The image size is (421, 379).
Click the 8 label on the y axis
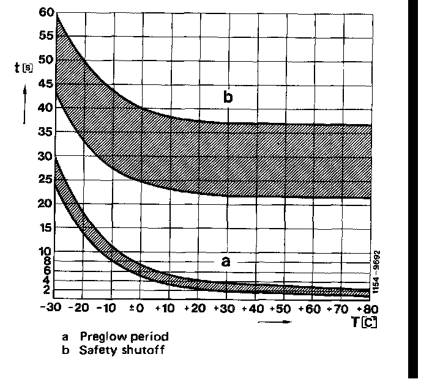49,261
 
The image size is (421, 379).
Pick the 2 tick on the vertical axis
49,290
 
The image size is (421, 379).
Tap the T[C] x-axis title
363,322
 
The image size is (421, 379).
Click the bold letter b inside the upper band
228,97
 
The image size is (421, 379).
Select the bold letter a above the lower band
226,262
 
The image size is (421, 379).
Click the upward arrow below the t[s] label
24,104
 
